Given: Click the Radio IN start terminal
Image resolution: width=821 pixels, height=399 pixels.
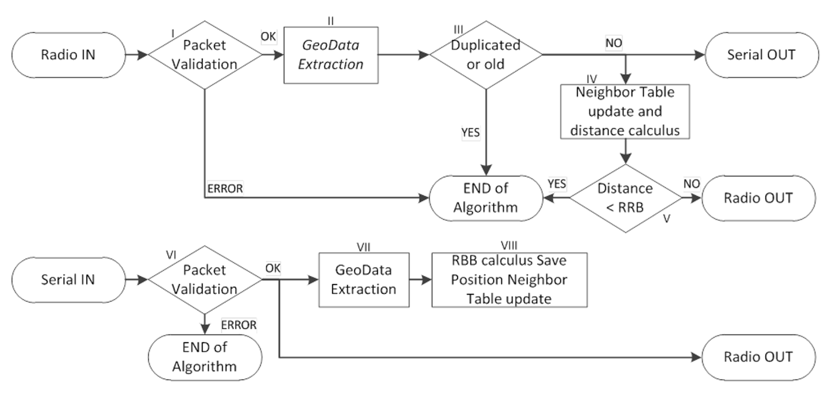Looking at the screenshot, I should [68, 55].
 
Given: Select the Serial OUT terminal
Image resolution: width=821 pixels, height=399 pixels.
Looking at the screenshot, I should [761, 55].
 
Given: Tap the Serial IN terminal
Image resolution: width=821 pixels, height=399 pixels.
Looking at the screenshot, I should [68, 280].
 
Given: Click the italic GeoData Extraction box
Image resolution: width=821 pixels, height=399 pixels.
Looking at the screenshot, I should [331, 55].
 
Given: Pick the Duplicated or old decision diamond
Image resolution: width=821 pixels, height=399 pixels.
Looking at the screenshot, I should [486, 55].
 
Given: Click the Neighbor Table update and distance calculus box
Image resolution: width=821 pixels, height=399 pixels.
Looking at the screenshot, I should [625, 111].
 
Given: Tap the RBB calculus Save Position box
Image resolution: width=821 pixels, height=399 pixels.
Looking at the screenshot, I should [509, 280].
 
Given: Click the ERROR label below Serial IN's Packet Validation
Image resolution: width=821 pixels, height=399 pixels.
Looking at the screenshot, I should [239, 325].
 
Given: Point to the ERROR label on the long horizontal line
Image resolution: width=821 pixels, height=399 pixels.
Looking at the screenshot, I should [225, 189].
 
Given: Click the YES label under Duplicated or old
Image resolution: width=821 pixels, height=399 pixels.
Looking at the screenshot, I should [470, 132].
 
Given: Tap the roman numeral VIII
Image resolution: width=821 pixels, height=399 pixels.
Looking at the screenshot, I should [509, 246].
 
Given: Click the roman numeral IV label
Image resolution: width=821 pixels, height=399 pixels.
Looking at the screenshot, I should [592, 79].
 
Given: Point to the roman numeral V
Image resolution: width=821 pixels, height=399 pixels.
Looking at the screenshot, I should [666, 219].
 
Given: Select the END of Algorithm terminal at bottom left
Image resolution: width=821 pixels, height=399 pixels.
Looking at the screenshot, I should [205, 357].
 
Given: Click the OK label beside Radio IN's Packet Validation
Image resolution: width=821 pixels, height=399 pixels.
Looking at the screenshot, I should [268, 37].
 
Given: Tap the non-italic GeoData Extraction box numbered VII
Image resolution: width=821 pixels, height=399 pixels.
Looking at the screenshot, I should [364, 280].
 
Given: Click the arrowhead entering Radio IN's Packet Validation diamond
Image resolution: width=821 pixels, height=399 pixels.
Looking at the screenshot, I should [143, 55].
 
